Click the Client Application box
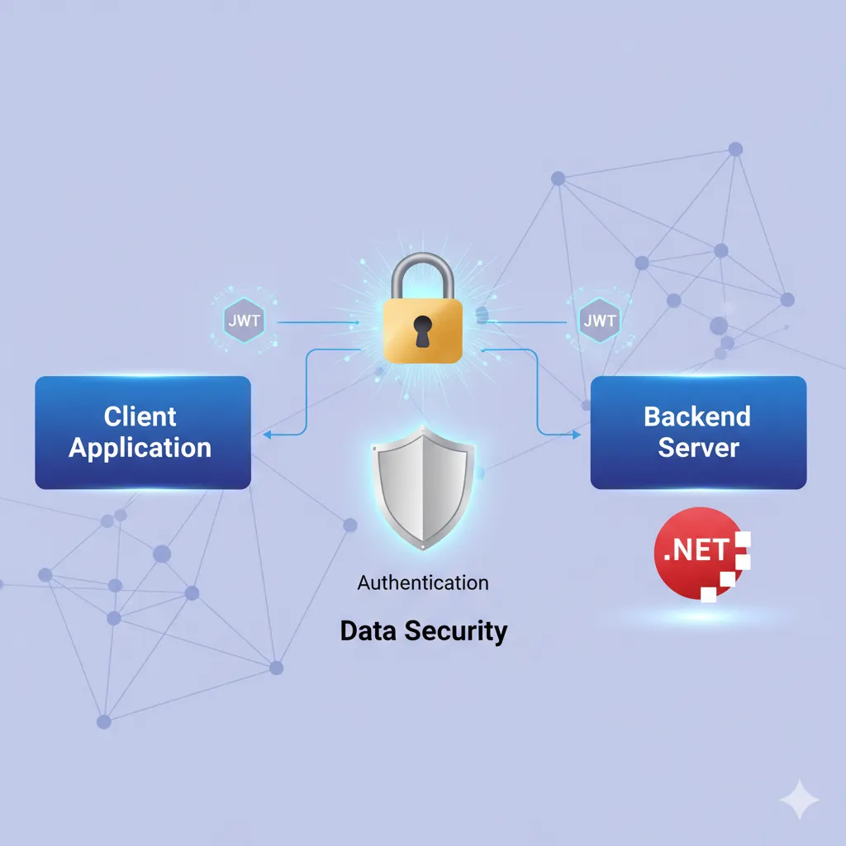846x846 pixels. pos(142,432)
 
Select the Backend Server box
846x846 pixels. pos(698,432)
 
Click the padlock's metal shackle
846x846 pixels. pos(422,273)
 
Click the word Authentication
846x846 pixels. pos(423,582)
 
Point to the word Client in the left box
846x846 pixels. pos(140,416)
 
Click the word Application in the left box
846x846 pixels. pos(140,448)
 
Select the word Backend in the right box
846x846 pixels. pos(697,416)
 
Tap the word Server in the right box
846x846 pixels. pos(698,448)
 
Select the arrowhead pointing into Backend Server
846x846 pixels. pos(577,433)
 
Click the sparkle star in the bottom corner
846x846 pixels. pos(800,800)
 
